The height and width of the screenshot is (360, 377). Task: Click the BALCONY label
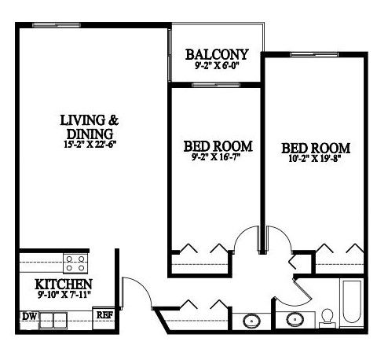coord(217,54)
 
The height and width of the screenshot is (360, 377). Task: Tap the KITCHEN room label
coord(64,285)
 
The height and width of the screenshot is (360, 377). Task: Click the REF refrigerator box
coord(104,318)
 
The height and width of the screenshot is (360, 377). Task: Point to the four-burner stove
coord(75,263)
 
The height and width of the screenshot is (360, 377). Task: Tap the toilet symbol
coord(328,318)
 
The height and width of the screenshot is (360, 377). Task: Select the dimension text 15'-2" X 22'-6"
coord(90,145)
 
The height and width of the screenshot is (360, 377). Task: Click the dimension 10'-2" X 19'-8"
coord(315,159)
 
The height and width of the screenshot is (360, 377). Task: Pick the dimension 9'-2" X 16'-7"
coord(216,157)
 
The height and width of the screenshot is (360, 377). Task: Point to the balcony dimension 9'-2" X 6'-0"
coord(217,65)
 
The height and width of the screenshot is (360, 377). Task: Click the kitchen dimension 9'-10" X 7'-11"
coord(64,295)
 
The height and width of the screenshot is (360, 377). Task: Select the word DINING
coord(90,134)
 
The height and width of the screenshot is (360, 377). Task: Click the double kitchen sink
coord(53,320)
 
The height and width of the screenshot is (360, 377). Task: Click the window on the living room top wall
coord(57,25)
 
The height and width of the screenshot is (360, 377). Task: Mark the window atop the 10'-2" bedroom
coord(314,54)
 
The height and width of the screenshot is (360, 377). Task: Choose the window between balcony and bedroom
coord(216,85)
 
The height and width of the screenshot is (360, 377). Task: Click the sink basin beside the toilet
coord(295,320)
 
